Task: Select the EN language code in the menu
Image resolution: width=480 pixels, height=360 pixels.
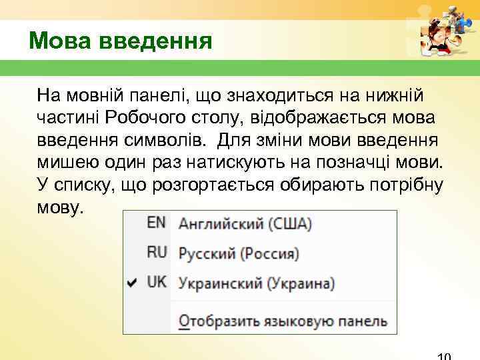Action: point(156,223)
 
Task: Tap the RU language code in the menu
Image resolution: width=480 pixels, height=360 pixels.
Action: point(157,253)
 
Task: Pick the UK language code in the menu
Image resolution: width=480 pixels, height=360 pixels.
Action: point(157,282)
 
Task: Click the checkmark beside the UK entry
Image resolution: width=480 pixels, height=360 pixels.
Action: point(132,283)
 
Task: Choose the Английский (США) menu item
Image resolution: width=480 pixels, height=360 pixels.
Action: point(245,224)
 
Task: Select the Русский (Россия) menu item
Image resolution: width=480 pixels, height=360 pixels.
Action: point(238,253)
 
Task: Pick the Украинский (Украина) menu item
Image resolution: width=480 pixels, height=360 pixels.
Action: point(256,283)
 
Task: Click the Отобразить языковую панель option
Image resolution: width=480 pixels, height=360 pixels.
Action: point(283,321)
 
